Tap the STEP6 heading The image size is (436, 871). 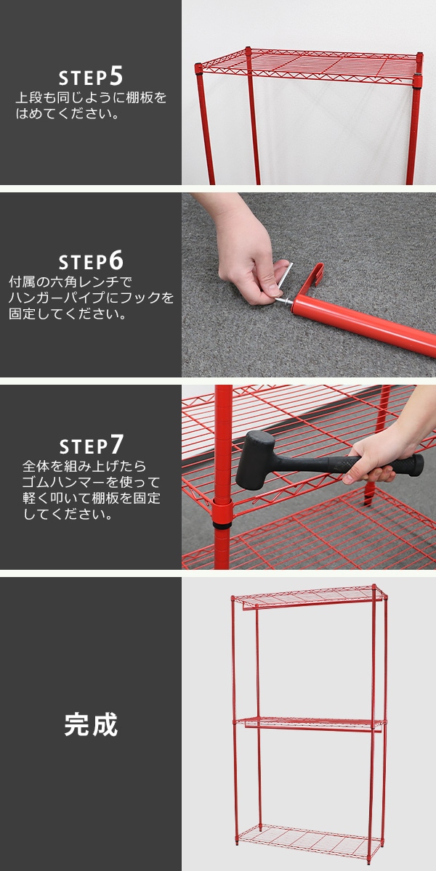[91, 261]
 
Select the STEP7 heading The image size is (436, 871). [91, 445]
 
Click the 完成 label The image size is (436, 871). [91, 724]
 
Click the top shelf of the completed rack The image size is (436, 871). [310, 597]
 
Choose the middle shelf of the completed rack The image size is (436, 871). [310, 722]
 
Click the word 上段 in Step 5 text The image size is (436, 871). [28, 97]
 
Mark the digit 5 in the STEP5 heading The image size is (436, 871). [116, 75]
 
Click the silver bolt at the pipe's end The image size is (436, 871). [283, 301]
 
